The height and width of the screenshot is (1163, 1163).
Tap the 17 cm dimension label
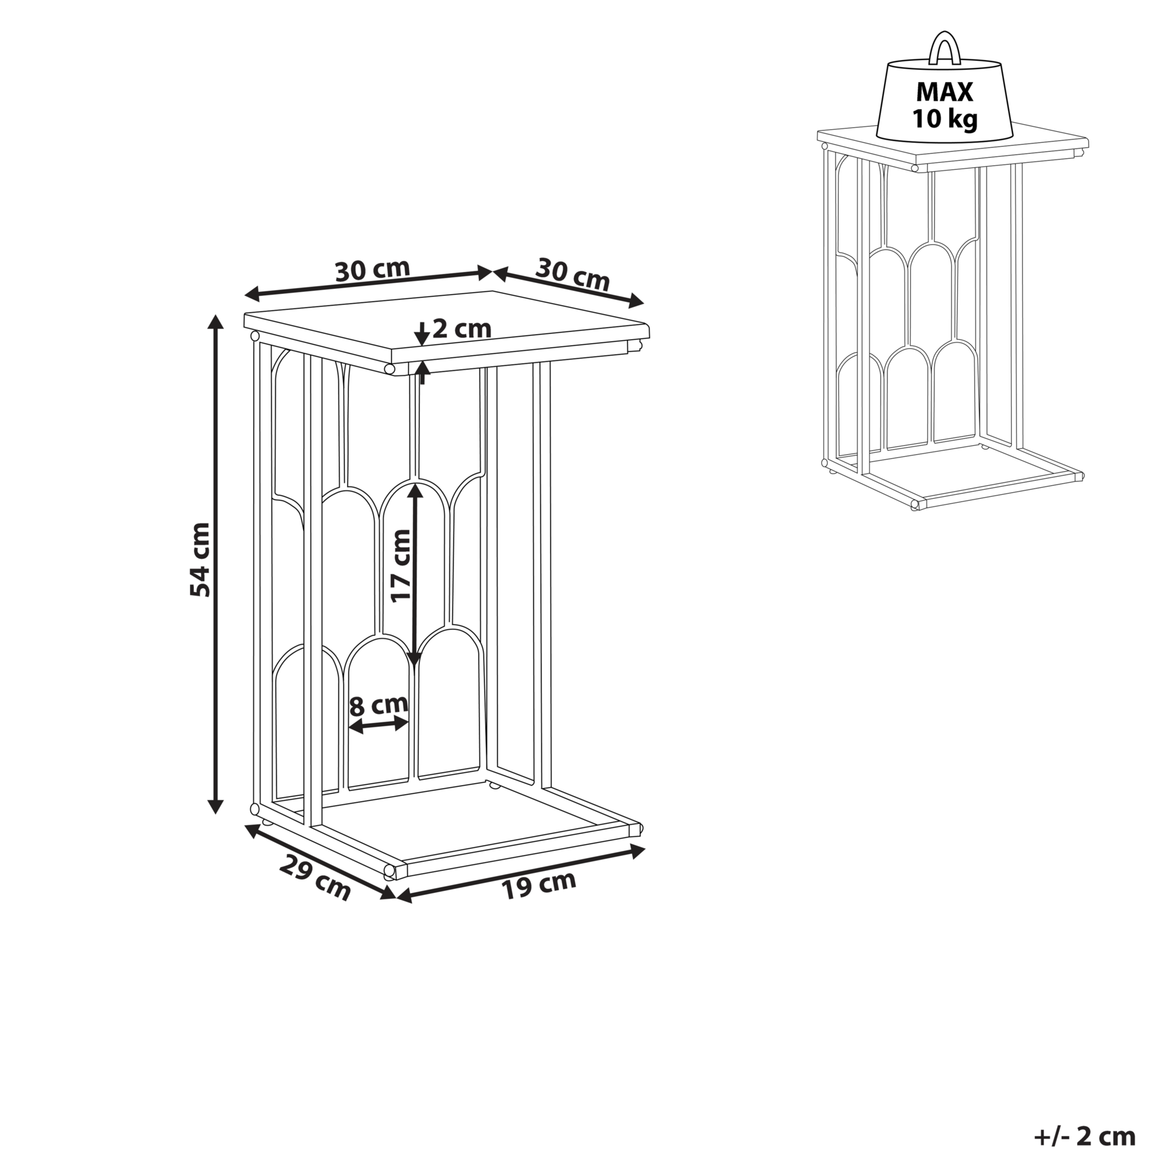pos(401,565)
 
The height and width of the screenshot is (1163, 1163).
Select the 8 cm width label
pos(379,704)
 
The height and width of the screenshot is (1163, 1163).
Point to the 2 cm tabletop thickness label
pos(462,329)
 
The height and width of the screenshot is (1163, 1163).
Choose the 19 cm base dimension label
pos(539,885)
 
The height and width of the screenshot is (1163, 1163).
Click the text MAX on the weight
pos(944,92)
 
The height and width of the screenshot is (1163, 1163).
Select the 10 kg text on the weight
pos(944,120)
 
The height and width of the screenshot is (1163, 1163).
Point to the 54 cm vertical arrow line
pos(216,564)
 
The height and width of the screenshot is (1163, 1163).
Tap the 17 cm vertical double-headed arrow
pos(415,574)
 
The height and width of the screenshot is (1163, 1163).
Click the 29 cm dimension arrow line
pos(320,861)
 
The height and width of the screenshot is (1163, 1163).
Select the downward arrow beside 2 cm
pos(421,333)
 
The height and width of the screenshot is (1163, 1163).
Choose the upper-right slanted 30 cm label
pos(572,274)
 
